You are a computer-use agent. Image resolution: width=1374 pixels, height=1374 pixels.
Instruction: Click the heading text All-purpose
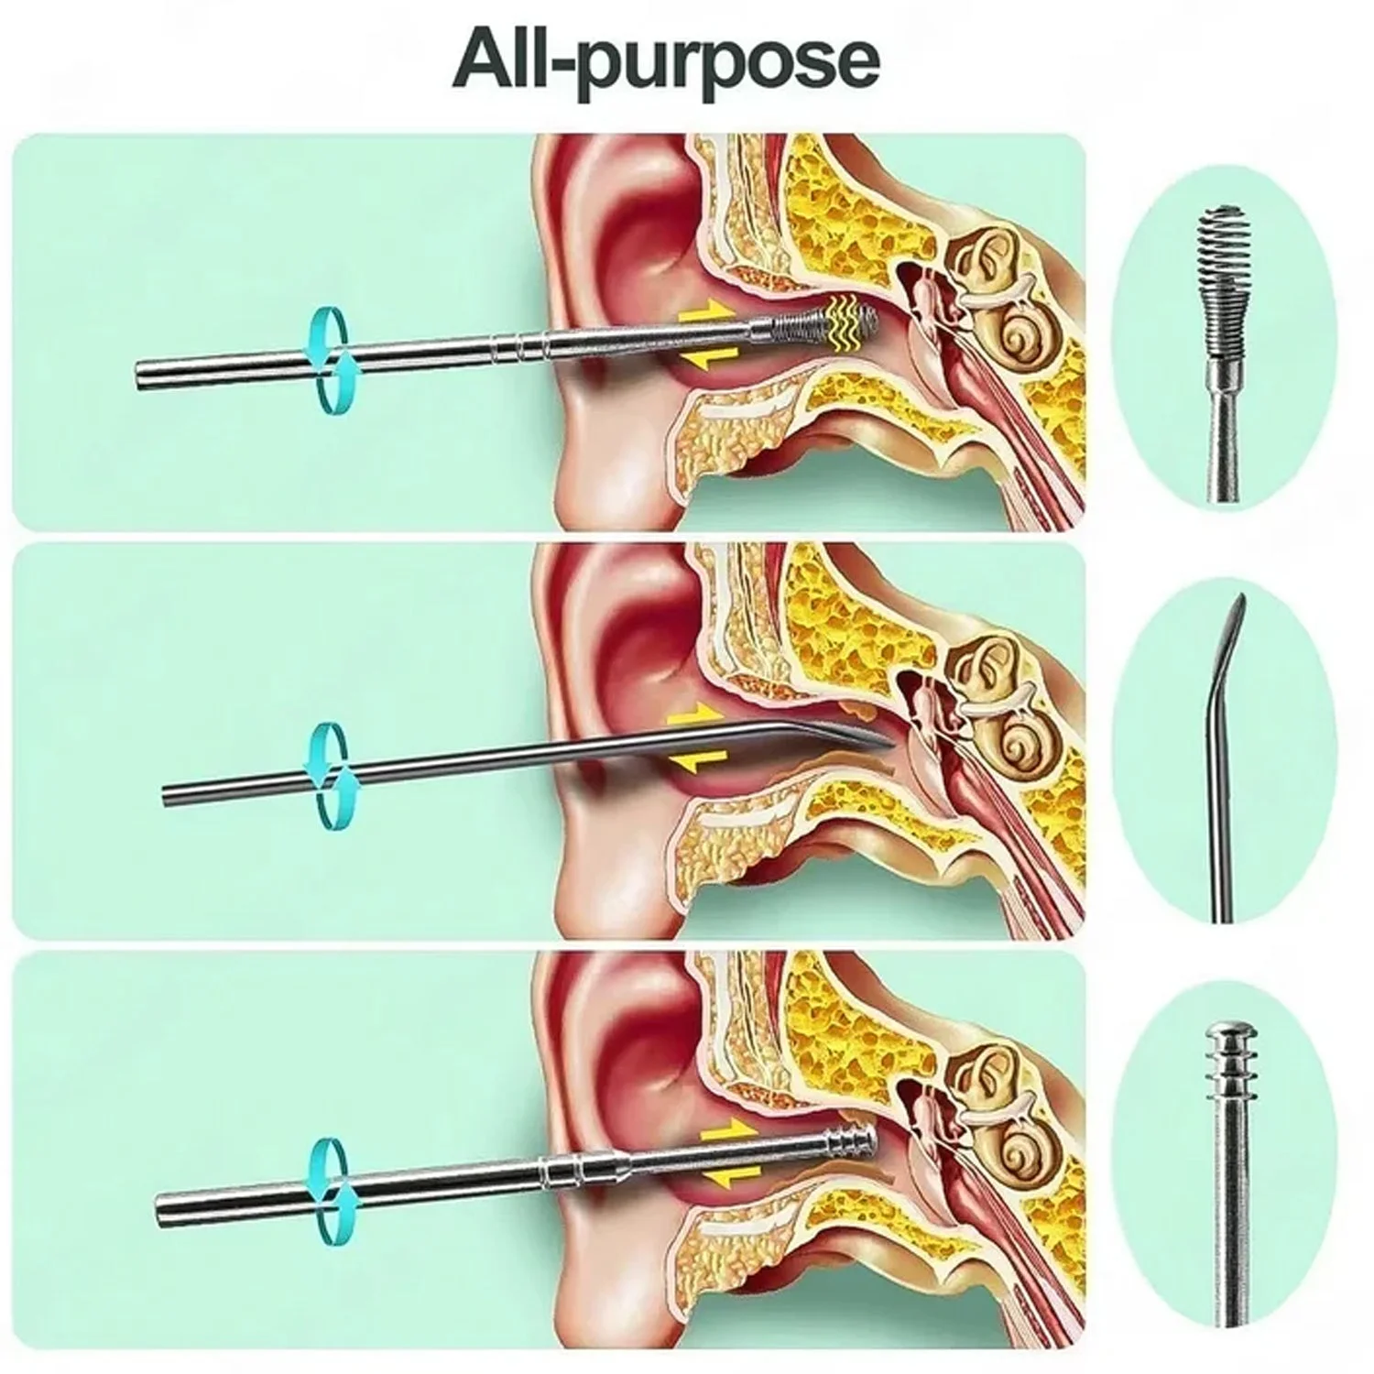pyautogui.click(x=666, y=61)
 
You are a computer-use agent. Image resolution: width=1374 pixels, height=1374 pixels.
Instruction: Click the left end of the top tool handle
pyautogui.click(x=142, y=376)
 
